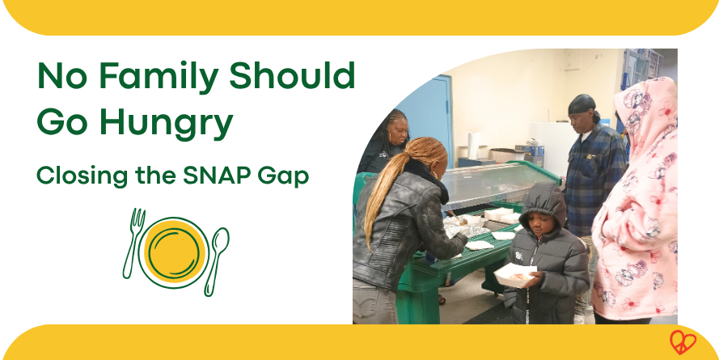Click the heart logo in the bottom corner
(x=682, y=341)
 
